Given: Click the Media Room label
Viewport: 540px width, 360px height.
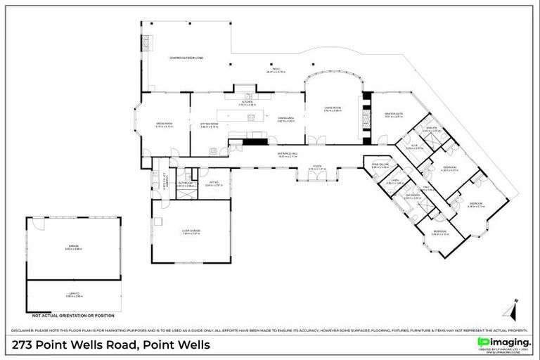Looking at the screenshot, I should (x=164, y=124).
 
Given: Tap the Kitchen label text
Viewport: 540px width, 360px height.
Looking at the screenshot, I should (x=247, y=102).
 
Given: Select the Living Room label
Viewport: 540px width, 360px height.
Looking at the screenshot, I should (x=332, y=109).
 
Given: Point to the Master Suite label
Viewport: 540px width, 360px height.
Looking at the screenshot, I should (x=393, y=115).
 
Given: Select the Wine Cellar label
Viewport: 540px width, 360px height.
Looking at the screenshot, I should (x=380, y=165).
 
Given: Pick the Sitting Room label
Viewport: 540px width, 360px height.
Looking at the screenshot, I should (x=210, y=124).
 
